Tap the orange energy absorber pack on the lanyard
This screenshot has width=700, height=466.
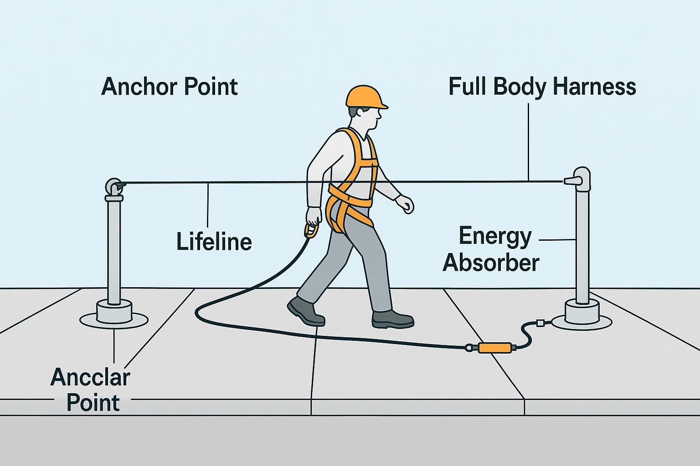pos(494,348)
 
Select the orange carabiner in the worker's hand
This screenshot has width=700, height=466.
pos(311,231)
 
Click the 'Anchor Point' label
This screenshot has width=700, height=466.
pos(170,86)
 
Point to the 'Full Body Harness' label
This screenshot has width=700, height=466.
pos(542,86)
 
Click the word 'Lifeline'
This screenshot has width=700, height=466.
pos(214,241)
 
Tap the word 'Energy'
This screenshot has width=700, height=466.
pos(495,237)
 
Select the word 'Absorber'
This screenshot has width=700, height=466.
pos(491,263)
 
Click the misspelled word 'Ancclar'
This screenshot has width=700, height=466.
pos(90,377)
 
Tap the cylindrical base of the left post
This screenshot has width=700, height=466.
pos(114,312)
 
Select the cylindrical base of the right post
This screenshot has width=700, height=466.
pos(582,311)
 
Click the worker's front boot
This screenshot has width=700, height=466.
pos(392,319)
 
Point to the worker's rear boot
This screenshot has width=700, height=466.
pos(306,311)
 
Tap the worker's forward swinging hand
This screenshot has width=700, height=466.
pos(405,204)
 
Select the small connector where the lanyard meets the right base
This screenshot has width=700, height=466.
pos(541,324)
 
